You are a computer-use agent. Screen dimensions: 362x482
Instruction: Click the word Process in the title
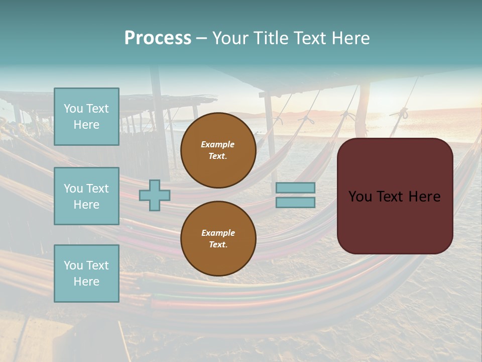click(x=158, y=38)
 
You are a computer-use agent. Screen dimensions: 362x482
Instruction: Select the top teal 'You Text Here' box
click(x=86, y=117)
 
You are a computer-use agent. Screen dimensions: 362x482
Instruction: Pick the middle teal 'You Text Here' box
click(x=86, y=196)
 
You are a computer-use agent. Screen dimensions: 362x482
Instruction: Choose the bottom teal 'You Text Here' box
click(x=86, y=273)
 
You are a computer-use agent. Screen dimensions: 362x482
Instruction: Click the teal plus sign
click(x=155, y=195)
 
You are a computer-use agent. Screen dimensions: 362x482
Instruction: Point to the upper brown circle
click(x=218, y=150)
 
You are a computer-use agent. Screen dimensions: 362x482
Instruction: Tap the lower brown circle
click(x=218, y=239)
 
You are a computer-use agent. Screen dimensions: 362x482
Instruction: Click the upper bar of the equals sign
click(x=295, y=188)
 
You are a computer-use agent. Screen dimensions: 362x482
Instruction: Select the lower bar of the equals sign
click(x=295, y=202)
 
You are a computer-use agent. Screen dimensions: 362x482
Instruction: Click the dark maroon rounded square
click(x=395, y=196)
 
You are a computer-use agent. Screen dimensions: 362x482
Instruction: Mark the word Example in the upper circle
click(x=218, y=144)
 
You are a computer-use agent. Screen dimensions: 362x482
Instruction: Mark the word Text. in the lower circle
click(x=218, y=245)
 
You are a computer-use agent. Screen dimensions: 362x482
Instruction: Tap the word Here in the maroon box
click(x=424, y=197)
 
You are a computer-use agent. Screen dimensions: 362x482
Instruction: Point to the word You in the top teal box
click(x=72, y=109)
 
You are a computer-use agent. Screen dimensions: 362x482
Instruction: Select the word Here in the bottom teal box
click(x=86, y=282)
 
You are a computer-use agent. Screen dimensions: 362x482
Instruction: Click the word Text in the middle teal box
click(x=97, y=189)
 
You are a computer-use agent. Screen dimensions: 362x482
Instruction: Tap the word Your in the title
click(x=229, y=38)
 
